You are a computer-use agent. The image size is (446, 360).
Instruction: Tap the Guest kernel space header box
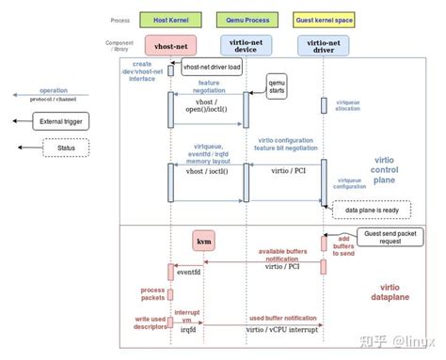tap(324, 18)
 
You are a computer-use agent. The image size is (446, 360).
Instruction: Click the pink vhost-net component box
tap(169, 44)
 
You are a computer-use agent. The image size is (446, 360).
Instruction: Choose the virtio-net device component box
tap(246, 44)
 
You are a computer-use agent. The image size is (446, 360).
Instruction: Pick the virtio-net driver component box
tap(324, 44)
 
